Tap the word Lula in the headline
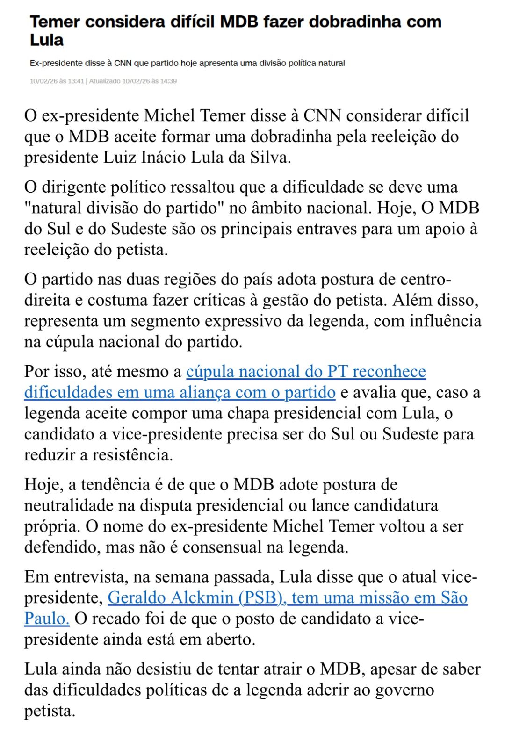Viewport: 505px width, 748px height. [47, 40]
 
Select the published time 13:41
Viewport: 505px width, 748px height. [76, 81]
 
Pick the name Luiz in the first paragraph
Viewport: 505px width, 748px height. [120, 157]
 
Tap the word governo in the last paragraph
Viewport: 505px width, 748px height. [405, 690]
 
